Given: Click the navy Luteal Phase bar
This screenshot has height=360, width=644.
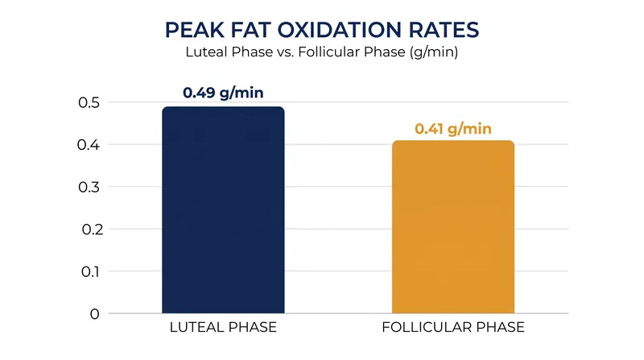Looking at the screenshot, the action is tap(223, 210).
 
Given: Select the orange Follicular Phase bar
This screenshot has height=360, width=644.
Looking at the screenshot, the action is tap(453, 227).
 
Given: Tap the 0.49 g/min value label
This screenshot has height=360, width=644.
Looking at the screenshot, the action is tap(223, 93).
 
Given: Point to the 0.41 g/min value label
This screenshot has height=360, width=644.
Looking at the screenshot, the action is tap(453, 129).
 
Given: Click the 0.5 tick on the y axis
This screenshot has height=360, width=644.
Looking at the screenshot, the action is tap(89, 102).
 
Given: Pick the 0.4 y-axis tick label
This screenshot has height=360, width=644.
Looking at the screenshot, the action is tap(89, 145).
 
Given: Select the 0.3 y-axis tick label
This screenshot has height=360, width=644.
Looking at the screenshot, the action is tap(89, 187).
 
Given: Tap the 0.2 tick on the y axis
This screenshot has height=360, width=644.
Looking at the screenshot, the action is tap(90, 230).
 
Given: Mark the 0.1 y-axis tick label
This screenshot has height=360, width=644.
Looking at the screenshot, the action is tap(90, 271).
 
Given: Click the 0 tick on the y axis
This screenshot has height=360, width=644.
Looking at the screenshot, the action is tap(95, 314).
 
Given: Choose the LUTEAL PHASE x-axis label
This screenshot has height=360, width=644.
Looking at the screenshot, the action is tap(223, 327).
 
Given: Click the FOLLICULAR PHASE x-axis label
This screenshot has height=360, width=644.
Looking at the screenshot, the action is tap(453, 327).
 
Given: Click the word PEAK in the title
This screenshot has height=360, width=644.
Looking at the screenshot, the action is tap(195, 30).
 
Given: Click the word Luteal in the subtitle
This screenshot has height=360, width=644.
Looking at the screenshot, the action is tap(206, 52).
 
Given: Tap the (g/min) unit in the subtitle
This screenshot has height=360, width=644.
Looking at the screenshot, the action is tap(433, 52).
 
